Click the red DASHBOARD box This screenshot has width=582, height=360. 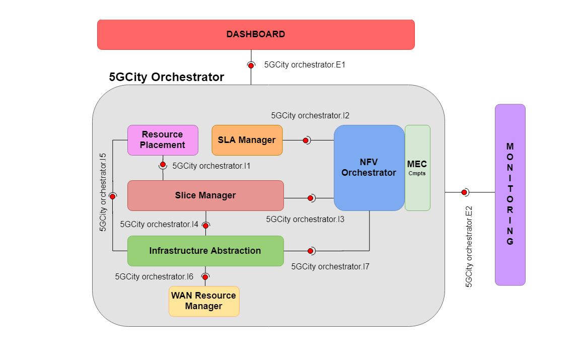click(x=256, y=35)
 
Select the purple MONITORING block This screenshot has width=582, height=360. click(x=510, y=194)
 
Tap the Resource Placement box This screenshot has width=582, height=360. click(x=162, y=140)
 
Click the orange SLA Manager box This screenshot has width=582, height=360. click(x=247, y=140)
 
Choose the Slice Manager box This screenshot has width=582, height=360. click(x=205, y=195)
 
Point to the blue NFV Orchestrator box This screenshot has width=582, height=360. click(x=369, y=168)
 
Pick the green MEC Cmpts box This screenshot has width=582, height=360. click(x=417, y=168)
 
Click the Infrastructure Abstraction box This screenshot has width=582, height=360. click(x=205, y=251)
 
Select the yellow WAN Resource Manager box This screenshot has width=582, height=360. click(x=204, y=301)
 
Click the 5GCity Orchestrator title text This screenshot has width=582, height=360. click(x=167, y=77)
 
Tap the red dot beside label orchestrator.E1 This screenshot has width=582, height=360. click(x=250, y=65)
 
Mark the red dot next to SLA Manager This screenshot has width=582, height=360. click(x=306, y=140)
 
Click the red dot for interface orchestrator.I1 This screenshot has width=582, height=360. click(x=163, y=165)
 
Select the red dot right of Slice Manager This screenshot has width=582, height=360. click(x=311, y=198)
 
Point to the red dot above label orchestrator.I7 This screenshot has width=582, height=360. click(x=311, y=251)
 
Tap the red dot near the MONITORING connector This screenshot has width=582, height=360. click(x=464, y=192)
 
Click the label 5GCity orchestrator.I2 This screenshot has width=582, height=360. click(x=310, y=115)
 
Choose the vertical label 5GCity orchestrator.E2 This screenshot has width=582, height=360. click(x=469, y=247)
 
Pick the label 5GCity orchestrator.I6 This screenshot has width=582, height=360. click(x=154, y=276)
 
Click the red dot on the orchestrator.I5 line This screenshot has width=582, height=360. click(x=112, y=195)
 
